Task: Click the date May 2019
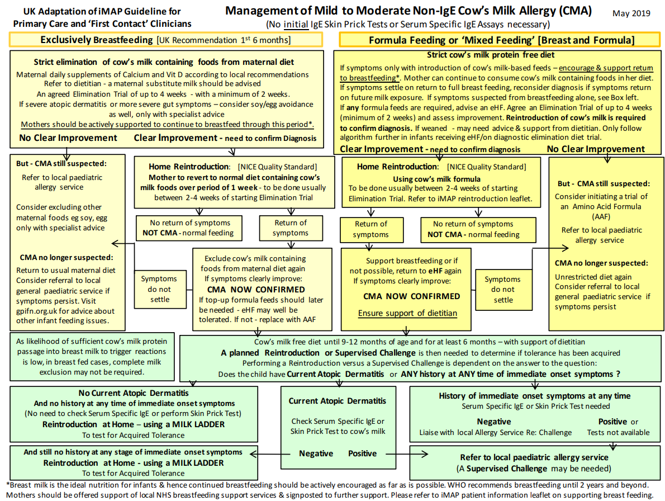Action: [x=631, y=13]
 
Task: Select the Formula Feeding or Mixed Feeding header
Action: [x=501, y=40]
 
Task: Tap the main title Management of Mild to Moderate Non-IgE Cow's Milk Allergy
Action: [x=408, y=11]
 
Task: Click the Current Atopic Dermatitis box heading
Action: [x=337, y=401]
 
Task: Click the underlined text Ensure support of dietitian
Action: [x=407, y=313]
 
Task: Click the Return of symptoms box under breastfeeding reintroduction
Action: [x=291, y=228]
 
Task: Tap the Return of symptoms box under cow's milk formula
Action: [x=370, y=229]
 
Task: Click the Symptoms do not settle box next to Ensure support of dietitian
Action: [x=502, y=289]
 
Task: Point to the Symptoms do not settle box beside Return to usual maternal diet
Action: [x=159, y=289]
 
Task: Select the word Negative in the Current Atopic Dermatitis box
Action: [x=316, y=453]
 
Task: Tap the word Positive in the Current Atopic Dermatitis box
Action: [x=362, y=453]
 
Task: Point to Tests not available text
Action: [x=618, y=432]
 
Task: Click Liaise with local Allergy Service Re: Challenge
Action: [x=495, y=432]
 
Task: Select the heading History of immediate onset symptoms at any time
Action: [x=534, y=396]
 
